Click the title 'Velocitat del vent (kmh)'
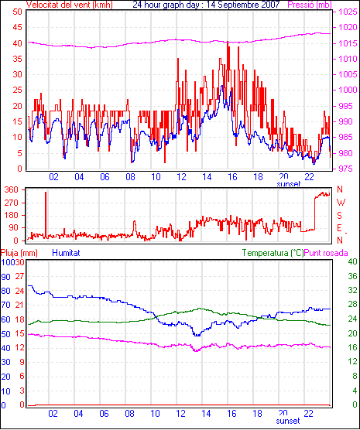[x=70, y=5]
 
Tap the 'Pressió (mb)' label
[x=310, y=5]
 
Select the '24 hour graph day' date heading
[x=206, y=5]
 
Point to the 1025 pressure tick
[x=348, y=12]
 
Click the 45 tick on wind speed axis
[x=17, y=27]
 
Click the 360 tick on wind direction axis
[x=12, y=189]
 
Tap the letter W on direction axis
[x=341, y=203]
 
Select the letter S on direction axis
[x=339, y=216]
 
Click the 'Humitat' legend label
[x=66, y=253]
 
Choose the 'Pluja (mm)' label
[x=19, y=253]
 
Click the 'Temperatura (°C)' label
[x=273, y=253]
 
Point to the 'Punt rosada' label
[x=326, y=253]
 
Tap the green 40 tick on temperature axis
[x=352, y=261]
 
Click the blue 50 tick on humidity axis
[x=5, y=334]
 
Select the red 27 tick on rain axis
[x=19, y=276]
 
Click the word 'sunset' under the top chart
[x=289, y=184]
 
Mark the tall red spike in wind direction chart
[x=46, y=214]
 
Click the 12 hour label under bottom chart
[x=181, y=413]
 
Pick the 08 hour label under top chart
[x=130, y=177]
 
